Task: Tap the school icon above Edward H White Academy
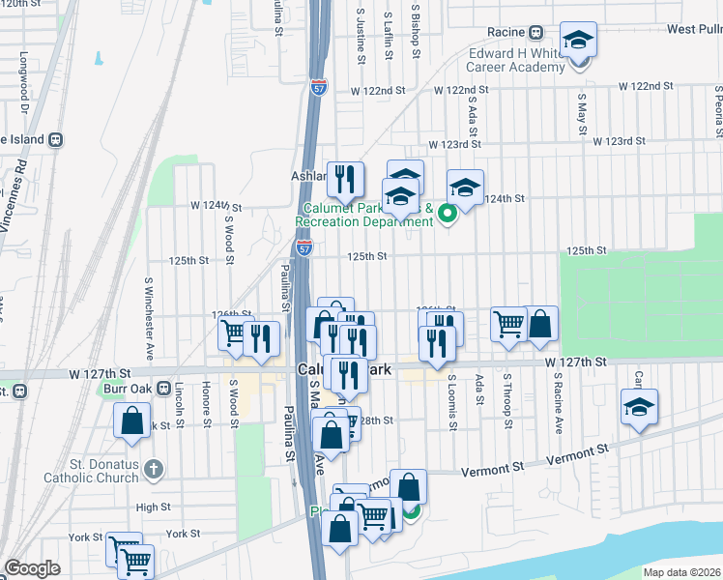578,42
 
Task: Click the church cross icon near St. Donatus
152,471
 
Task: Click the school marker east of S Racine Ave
638,408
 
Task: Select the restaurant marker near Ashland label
344,179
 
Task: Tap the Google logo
32,568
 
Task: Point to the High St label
153,507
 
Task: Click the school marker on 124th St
465,188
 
